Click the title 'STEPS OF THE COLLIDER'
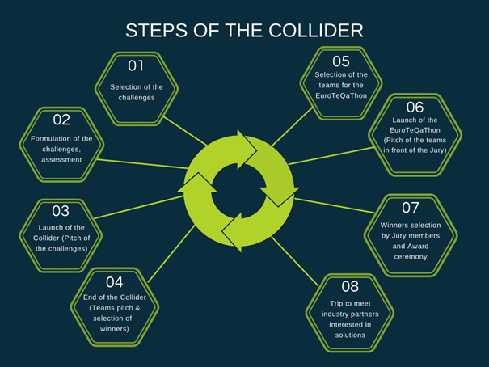click(244, 31)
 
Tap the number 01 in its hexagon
click(136, 65)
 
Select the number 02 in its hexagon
click(61, 120)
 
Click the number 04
click(114, 281)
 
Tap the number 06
click(415, 107)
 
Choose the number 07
click(410, 207)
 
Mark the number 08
click(350, 286)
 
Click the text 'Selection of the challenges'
click(136, 91)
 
